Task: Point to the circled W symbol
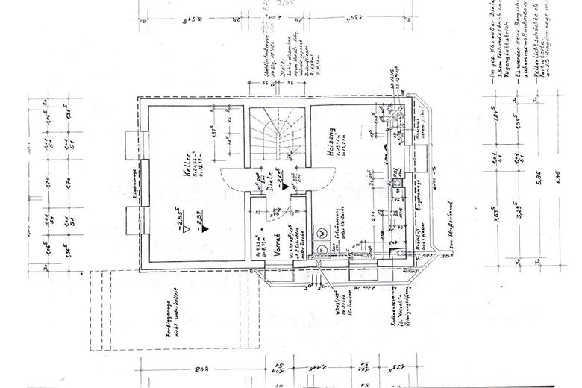[x=322, y=233]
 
